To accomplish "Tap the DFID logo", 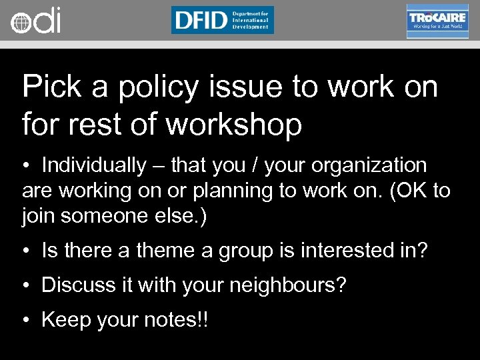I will tap(222, 20).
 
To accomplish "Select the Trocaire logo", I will tap(437, 21).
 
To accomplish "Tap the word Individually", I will tap(93, 165).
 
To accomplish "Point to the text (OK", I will tap(406, 191).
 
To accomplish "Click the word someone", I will tap(112, 217).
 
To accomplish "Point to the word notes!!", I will tap(175, 320).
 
